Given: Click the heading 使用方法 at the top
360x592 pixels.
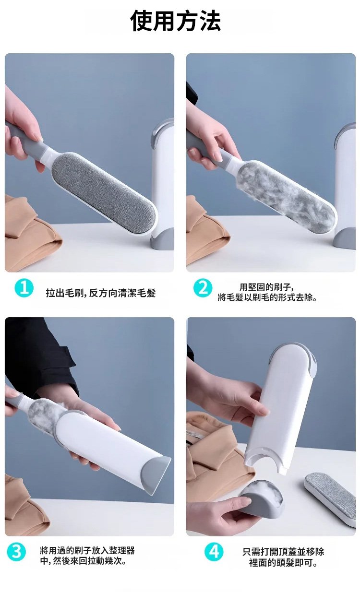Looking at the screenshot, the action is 175,21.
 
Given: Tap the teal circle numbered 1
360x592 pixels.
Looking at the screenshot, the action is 24,288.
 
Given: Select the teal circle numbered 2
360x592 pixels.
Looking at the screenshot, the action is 203,288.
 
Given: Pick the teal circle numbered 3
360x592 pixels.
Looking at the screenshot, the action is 16,551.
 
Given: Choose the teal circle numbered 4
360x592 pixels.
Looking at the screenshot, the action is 214,551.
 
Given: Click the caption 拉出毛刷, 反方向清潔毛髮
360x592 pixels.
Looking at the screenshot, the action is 100,293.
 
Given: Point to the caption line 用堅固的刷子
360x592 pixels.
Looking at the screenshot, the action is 266,287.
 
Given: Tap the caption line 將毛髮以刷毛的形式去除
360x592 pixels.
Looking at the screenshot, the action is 267,297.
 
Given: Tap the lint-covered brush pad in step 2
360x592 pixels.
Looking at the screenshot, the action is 287,196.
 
